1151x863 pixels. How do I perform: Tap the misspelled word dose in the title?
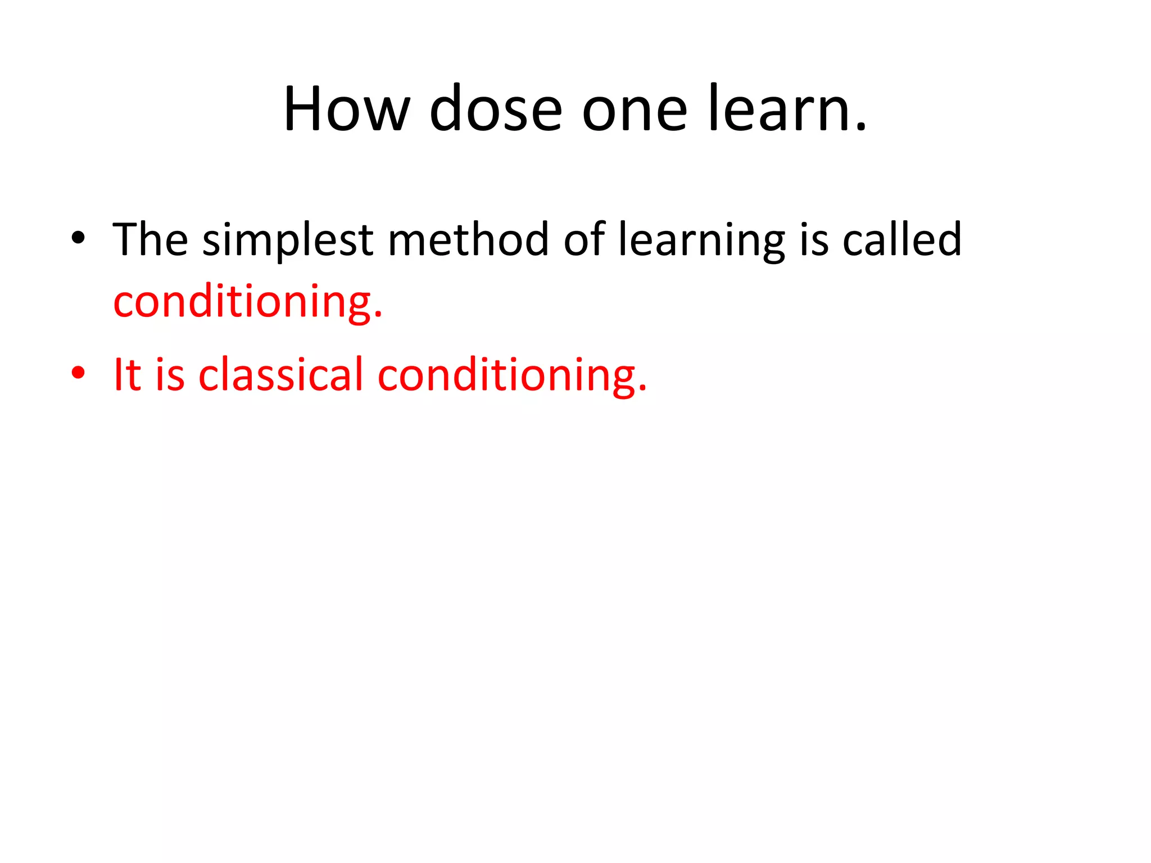tap(496, 110)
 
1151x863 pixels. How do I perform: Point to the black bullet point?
tap(78, 239)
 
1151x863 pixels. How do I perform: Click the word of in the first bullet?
tap(584, 239)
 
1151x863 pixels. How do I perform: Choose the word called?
tap(901, 239)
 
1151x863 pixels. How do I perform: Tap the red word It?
tap(126, 375)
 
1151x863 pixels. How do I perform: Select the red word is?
tap(170, 375)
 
